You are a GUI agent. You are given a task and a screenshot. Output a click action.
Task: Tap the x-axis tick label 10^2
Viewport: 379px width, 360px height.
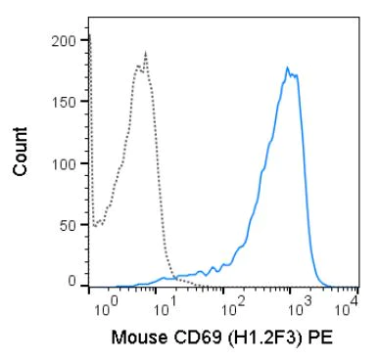tap(231, 309)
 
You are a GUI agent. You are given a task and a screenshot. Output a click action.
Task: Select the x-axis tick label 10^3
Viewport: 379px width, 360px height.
tap(296, 309)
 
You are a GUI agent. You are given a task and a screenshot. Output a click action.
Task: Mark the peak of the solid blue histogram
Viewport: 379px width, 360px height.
tap(287, 67)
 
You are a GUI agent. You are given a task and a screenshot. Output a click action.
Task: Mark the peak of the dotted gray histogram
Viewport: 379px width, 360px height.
tap(145, 53)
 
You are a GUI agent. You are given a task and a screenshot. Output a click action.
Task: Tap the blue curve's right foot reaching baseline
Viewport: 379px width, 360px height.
tap(323, 285)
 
